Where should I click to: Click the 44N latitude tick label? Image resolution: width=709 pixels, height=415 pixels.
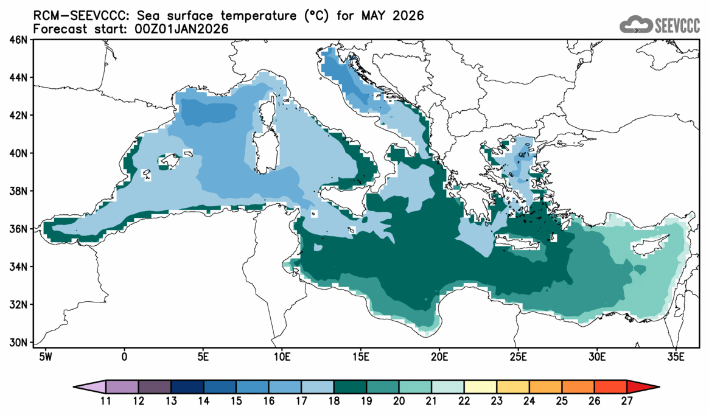click(x=18, y=77)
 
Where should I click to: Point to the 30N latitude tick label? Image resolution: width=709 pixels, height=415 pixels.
click(x=18, y=342)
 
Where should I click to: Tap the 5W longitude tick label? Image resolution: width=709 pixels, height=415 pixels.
click(x=44, y=355)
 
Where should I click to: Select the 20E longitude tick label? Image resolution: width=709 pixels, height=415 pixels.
click(x=439, y=355)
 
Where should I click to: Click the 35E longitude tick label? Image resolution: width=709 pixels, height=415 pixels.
click(x=676, y=355)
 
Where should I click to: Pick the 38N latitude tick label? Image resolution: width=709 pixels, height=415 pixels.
click(x=18, y=191)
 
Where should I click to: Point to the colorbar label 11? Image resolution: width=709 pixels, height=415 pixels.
click(x=106, y=401)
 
